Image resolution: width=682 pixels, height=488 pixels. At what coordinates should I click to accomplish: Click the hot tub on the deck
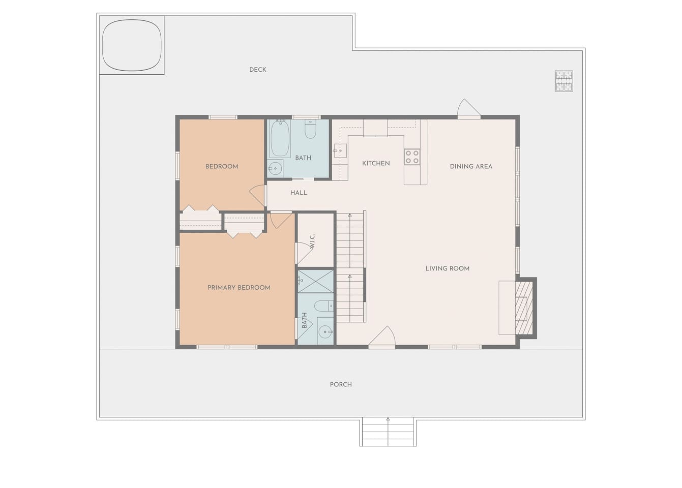coord(132,45)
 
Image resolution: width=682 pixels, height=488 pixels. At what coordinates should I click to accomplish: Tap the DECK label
coord(257,70)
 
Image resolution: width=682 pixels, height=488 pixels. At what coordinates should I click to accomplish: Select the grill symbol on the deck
coord(564,81)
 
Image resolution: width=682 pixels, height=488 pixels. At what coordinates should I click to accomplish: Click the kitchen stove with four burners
coord(412,157)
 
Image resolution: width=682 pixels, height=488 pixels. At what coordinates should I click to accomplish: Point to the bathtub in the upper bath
coord(280,138)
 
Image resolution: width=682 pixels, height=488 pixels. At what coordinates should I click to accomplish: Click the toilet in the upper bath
coord(310,129)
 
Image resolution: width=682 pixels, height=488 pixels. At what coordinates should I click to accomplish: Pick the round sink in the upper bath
coord(276,168)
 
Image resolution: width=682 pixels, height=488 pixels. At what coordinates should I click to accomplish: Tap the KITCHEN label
coord(376,163)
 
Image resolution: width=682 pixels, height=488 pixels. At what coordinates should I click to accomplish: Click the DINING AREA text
coord(471,166)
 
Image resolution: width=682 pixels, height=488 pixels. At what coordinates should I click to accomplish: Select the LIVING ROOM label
coord(447,268)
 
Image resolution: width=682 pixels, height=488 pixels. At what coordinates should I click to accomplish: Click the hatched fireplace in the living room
coord(524,308)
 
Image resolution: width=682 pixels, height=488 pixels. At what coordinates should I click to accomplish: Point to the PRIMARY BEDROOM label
coord(239,288)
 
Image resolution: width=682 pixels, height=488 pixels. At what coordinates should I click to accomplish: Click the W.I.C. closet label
coord(312,241)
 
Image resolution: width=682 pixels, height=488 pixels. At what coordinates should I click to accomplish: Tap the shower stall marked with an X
coord(315,281)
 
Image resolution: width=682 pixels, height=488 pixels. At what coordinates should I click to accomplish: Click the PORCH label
coord(341,385)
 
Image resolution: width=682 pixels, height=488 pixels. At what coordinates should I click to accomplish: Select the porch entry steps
coord(388,432)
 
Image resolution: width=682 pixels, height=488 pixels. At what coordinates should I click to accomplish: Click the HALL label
coord(299,193)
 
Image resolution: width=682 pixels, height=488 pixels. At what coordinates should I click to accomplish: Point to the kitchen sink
coord(340,150)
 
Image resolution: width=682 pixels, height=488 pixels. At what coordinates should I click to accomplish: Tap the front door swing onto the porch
coord(382,336)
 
